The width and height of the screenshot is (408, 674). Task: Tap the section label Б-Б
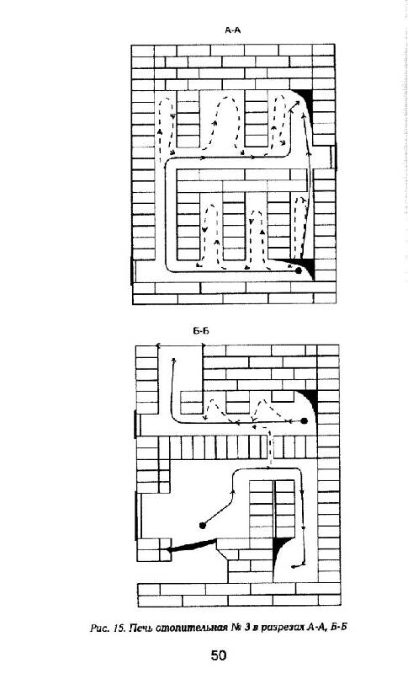coord(201,331)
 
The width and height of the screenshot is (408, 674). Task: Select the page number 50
coord(219,655)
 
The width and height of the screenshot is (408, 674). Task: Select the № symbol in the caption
coord(236,628)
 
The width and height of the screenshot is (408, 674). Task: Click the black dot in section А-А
coord(299,271)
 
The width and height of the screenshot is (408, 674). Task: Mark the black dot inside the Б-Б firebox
coord(203,525)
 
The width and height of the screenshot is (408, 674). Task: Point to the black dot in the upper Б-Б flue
coord(305,420)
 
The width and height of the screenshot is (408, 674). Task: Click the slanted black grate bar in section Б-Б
coord(191,546)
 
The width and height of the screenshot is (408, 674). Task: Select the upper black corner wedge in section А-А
coord(305,96)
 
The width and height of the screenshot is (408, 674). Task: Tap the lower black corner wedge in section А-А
coord(307,266)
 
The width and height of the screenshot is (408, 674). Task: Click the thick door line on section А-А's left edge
coord(132,270)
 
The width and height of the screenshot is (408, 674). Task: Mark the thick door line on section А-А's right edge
coord(334,156)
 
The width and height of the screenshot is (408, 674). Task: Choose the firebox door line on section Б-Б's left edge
coord(138,516)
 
